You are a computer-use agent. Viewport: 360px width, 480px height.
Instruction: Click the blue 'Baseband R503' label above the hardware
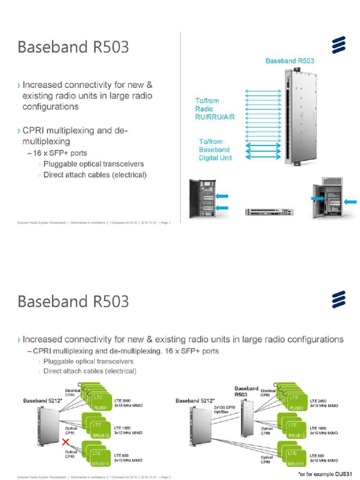tap(289, 61)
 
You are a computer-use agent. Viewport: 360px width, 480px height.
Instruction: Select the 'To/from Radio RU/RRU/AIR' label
tap(214, 109)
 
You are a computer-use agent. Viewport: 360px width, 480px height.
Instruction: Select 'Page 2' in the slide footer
tap(165, 477)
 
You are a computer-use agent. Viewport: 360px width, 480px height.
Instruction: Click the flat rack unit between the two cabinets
tap(269, 212)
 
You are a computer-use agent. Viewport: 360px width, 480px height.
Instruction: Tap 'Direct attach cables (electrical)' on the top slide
tap(95, 175)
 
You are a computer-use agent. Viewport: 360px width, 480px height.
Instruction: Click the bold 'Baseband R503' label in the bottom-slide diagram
tap(247, 391)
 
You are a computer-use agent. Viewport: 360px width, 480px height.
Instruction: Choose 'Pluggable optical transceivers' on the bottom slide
tap(88, 361)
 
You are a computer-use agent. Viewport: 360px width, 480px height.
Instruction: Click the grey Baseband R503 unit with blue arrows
tap(291, 117)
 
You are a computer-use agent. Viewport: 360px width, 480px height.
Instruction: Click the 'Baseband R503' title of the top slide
tap(73, 47)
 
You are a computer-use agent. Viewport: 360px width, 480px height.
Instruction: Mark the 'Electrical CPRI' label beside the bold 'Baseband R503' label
tap(268, 393)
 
